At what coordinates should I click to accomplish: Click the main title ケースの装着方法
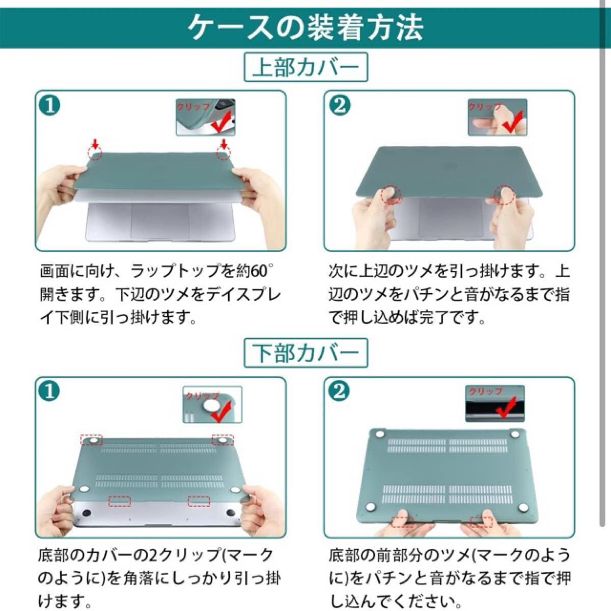[x=305, y=27]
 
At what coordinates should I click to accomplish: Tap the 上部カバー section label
[x=305, y=67]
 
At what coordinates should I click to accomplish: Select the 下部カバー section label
[x=305, y=353]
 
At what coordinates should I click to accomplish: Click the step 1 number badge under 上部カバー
[x=50, y=106]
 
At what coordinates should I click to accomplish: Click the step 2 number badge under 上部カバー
[x=340, y=106]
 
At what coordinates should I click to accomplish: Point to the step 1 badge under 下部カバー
[x=49, y=392]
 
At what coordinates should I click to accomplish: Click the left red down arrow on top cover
[x=95, y=144]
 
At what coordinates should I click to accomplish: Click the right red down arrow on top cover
[x=224, y=144]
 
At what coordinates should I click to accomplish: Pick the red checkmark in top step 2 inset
[x=512, y=122]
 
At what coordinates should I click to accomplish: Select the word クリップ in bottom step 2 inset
[x=485, y=391]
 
